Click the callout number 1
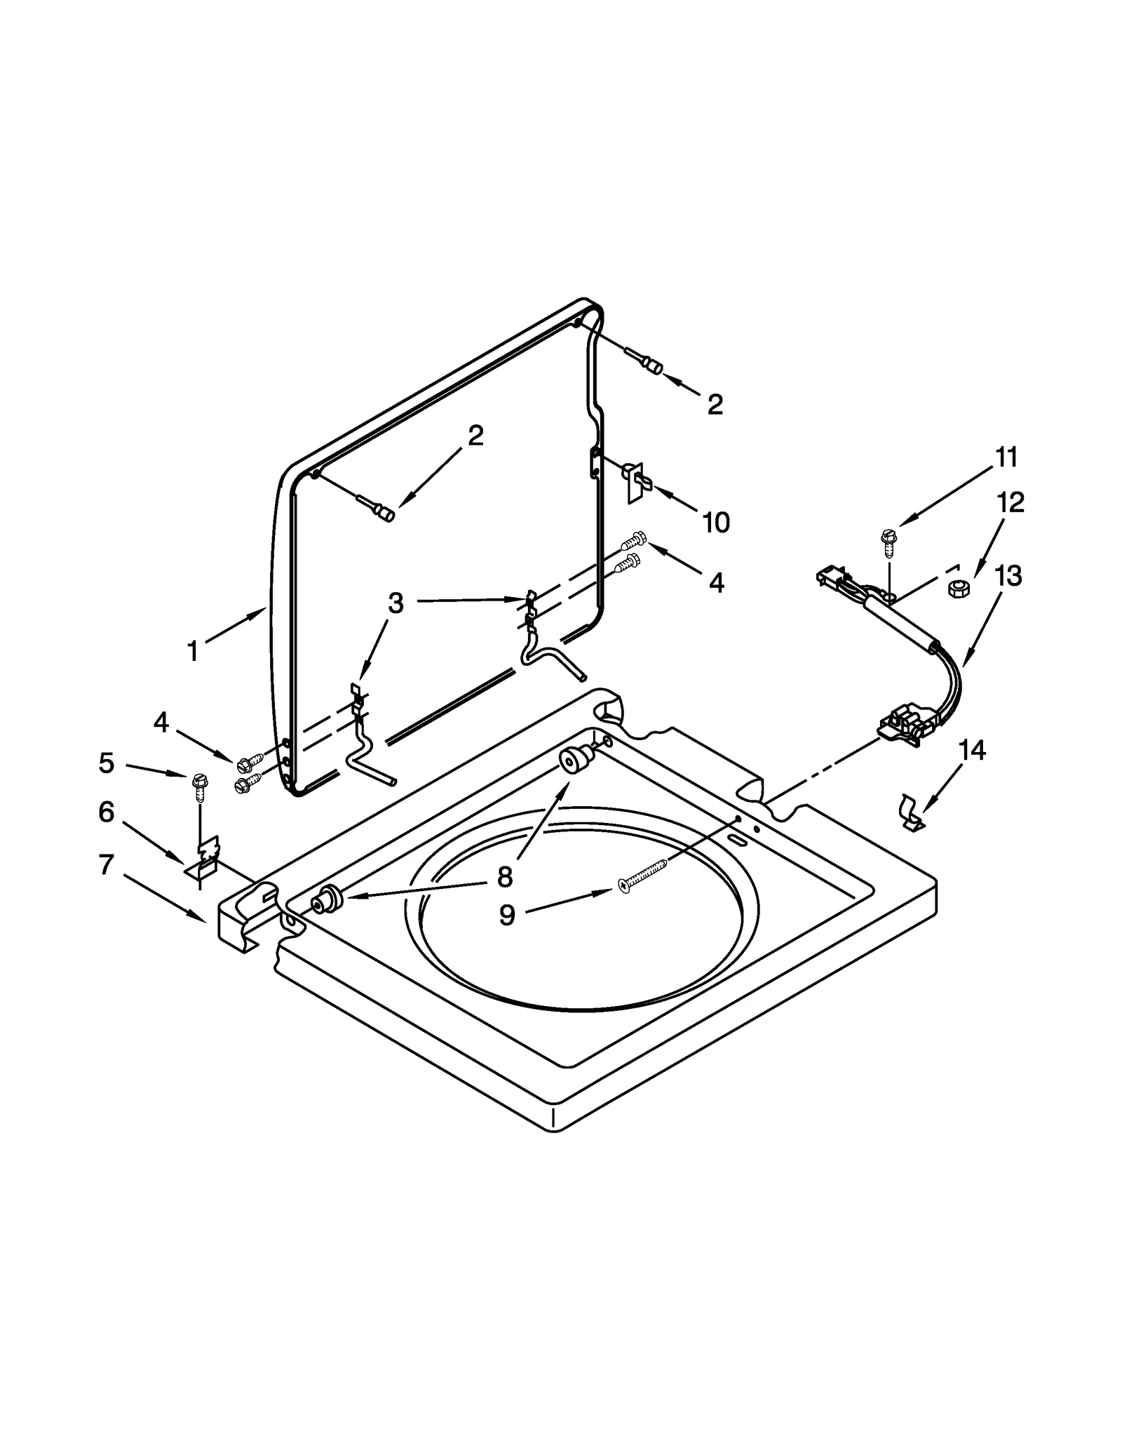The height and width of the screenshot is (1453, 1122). tap(193, 652)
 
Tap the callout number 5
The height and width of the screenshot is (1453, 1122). tap(107, 763)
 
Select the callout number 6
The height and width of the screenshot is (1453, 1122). tap(106, 812)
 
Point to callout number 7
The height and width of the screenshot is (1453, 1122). tap(106, 865)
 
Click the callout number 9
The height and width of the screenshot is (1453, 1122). tap(507, 915)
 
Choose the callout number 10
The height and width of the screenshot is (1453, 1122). tap(716, 522)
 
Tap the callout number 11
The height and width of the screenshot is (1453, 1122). tap(1007, 457)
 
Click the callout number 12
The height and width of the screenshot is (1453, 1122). tap(1011, 502)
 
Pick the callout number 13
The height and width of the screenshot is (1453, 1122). tap(1008, 576)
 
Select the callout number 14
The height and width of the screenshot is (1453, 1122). tap(973, 751)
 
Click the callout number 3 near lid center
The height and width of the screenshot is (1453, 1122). tap(396, 603)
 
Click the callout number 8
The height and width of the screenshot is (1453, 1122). tap(505, 876)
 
